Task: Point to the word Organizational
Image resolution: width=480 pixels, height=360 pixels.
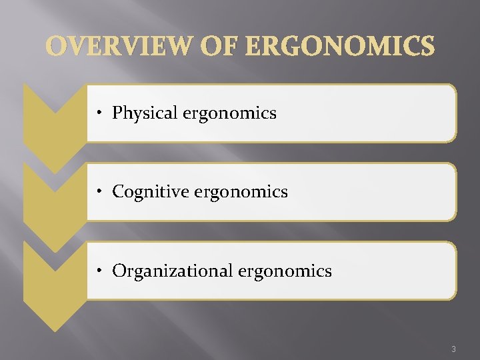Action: [170, 271]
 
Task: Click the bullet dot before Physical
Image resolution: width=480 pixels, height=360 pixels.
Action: [98, 114]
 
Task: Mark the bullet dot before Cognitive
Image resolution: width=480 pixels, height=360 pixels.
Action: [98, 193]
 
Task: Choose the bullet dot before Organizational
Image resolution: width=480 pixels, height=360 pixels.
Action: [98, 271]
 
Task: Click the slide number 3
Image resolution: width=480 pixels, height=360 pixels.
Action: [453, 349]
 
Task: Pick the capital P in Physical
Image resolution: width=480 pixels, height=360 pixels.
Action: [117, 113]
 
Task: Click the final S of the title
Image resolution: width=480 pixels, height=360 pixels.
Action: [427, 47]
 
